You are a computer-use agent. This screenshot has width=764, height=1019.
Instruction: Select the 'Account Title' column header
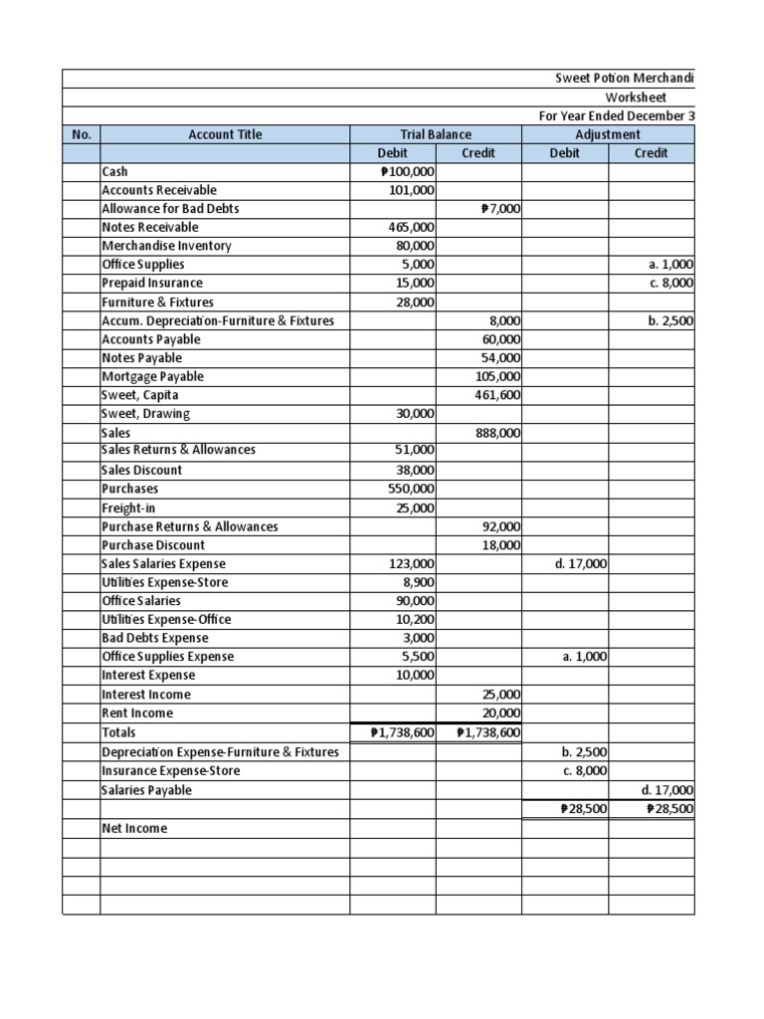pyautogui.click(x=225, y=134)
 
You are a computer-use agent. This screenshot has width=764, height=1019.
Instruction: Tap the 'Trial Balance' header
pyautogui.click(x=436, y=134)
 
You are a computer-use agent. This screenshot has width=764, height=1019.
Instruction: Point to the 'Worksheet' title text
pyautogui.click(x=636, y=98)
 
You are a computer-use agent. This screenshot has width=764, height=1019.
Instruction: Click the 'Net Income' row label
pyautogui.click(x=135, y=828)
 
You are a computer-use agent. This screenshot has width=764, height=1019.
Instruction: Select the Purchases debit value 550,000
pyautogui.click(x=411, y=489)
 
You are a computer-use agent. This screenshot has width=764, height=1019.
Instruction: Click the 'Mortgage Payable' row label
pyautogui.click(x=153, y=376)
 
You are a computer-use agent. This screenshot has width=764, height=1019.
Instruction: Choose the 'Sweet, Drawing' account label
pyautogui.click(x=146, y=414)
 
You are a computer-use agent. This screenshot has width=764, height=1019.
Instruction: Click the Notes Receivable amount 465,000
pyautogui.click(x=411, y=227)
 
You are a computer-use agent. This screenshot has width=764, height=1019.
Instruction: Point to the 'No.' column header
pyautogui.click(x=81, y=134)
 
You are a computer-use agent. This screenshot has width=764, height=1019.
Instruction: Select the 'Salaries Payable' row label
pyautogui.click(x=147, y=790)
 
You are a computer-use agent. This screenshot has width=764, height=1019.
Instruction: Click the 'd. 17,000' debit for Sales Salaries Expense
pyautogui.click(x=581, y=564)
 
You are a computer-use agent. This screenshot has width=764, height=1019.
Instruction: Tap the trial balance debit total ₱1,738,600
pyautogui.click(x=401, y=733)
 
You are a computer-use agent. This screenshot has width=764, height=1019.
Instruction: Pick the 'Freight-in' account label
pyautogui.click(x=130, y=508)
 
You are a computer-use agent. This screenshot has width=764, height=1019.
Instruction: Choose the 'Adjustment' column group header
pyautogui.click(x=608, y=134)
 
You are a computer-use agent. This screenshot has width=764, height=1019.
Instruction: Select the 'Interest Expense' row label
pyautogui.click(x=150, y=676)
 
